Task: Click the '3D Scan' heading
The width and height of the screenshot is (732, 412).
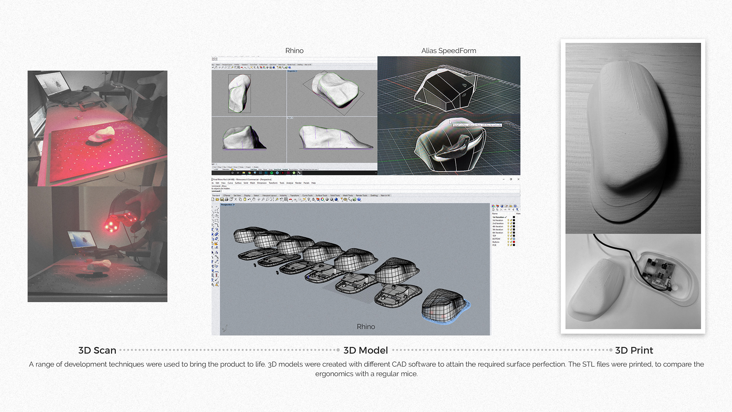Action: coord(97,350)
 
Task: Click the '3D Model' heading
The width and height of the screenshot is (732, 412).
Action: coord(365,350)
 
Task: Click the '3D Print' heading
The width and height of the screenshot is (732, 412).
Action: coord(634,350)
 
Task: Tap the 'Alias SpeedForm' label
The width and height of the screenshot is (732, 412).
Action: coord(448,51)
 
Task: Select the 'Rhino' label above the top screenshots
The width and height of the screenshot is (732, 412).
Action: coord(294,51)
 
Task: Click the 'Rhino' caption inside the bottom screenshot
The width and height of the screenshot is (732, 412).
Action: coord(366,327)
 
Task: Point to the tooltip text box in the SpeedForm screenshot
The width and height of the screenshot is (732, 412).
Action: coord(477,125)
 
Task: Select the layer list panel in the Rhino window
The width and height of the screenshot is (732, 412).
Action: coord(503,231)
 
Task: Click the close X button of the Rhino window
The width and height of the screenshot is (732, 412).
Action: coord(518,179)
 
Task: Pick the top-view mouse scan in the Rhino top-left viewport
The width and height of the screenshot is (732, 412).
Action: coord(239,93)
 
